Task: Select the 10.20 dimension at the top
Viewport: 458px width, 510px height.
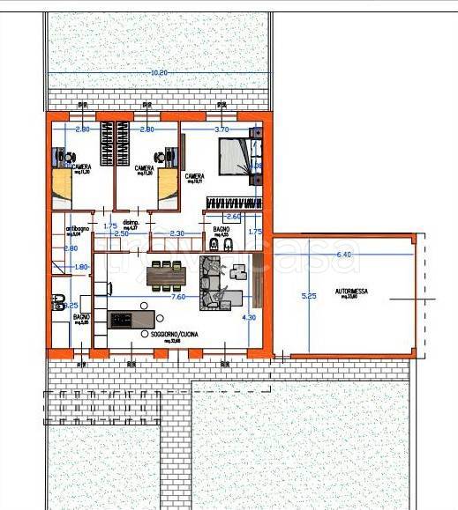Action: [159, 72]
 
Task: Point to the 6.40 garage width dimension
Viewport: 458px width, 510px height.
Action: [344, 255]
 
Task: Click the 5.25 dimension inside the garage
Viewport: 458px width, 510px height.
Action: [308, 297]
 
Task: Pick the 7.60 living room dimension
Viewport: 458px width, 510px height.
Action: [177, 298]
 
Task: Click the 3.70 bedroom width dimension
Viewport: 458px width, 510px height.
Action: [221, 129]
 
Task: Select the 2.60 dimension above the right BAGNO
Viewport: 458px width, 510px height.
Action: [234, 216]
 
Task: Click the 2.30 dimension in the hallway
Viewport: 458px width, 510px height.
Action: [176, 233]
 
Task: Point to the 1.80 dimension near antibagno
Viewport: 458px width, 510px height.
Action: [80, 267]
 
